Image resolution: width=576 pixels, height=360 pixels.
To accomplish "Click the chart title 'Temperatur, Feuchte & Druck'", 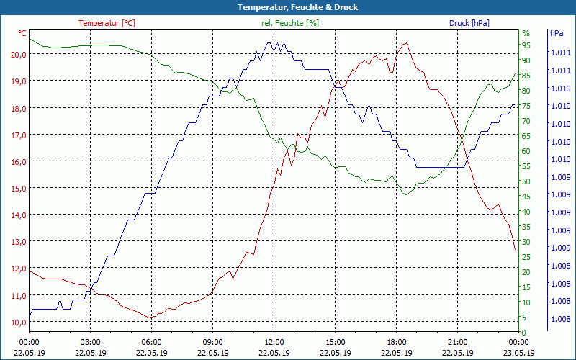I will pos(287,7).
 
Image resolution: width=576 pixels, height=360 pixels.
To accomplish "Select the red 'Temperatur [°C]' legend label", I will pos(107,23).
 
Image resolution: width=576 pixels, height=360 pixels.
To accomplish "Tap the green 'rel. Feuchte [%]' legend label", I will pos(289,23).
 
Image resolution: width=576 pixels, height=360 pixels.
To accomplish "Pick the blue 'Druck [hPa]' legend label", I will pos(469,23).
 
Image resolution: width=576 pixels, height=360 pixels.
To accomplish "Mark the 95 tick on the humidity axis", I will pos(526,45).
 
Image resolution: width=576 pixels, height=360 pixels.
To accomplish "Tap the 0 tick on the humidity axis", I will pos(524,332).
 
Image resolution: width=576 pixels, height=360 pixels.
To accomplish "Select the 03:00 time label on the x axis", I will pos(90,342).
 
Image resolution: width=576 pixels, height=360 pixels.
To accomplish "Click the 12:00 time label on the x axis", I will pos(274,342).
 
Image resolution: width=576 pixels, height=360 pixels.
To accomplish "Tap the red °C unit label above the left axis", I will pos(22,33).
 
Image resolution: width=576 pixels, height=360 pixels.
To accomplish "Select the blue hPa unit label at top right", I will pos(557,33).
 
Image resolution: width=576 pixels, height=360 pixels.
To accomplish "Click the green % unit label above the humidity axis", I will pos(526,33).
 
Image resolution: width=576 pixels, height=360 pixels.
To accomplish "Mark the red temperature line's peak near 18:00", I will pos(405,43).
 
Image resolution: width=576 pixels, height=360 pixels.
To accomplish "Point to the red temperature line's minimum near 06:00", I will pos(149,318).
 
